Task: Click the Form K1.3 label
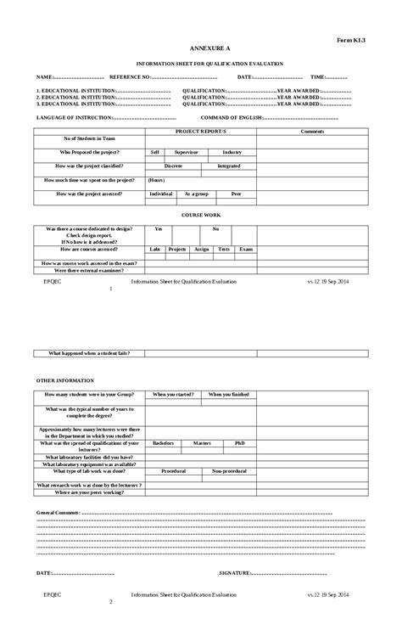[351, 40]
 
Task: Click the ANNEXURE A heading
[200, 50]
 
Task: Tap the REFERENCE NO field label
[130, 76]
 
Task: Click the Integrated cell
[228, 166]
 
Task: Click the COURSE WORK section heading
[200, 216]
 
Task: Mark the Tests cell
[224, 249]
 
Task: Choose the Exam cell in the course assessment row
[245, 249]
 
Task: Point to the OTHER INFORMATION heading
[65, 380]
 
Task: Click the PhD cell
[240, 443]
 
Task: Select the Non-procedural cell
[229, 470]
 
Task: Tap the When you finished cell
[229, 394]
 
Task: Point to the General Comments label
[59, 514]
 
